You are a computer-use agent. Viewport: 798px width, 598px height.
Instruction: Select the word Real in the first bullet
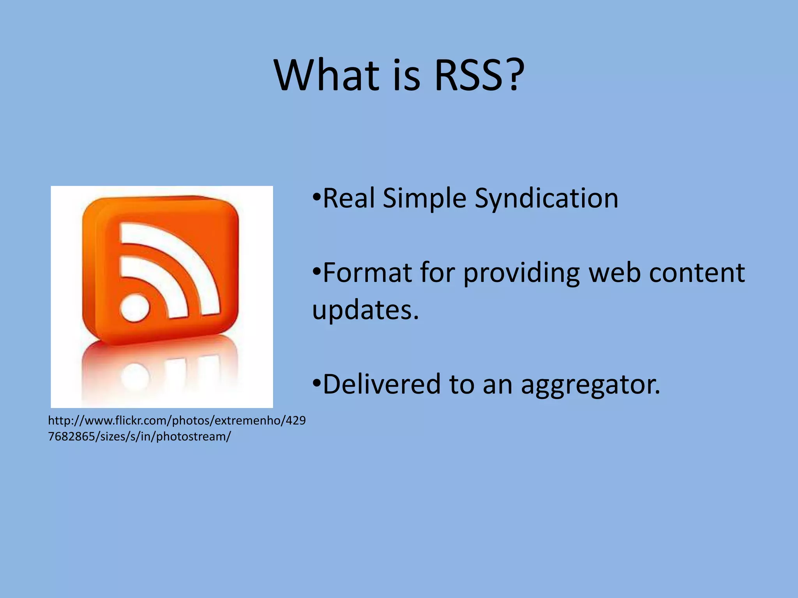[349, 198]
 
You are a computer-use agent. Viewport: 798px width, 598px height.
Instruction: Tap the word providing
[522, 274]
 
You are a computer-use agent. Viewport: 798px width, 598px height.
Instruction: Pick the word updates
[365, 311]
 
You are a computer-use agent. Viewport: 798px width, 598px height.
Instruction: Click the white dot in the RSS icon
[135, 308]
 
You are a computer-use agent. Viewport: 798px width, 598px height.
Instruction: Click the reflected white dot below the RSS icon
[135, 376]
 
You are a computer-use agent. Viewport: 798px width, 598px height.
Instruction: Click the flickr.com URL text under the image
[177, 428]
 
